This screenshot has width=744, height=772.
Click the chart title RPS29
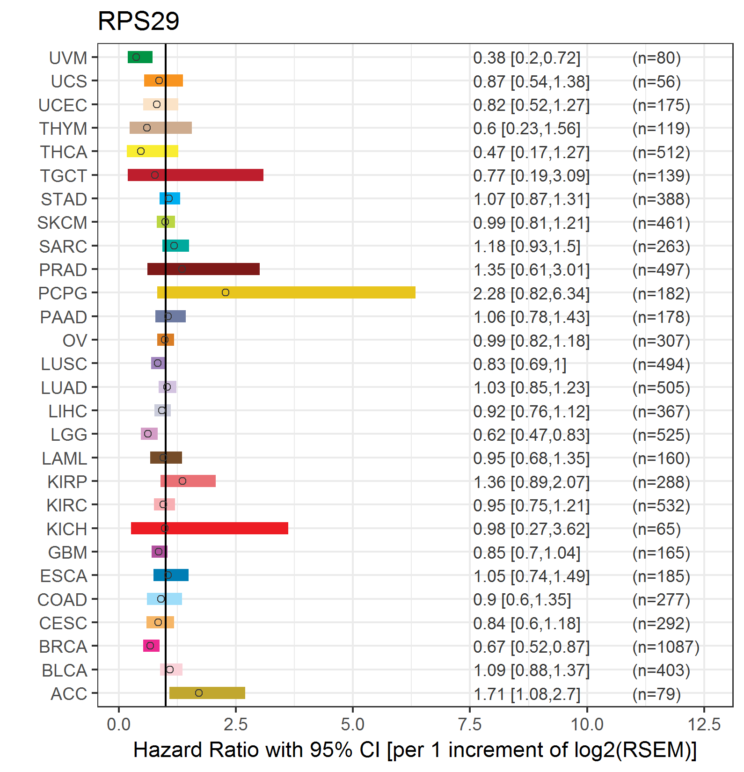coord(139,22)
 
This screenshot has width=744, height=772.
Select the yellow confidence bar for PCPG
coord(286,292)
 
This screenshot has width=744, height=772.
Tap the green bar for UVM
coord(140,57)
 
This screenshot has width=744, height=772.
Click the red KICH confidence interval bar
coord(209,528)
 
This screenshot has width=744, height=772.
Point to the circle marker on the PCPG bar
coord(226,292)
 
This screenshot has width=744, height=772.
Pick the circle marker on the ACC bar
coord(199,693)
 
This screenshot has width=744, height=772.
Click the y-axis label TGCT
coord(64,176)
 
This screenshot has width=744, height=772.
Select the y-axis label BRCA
coord(63,647)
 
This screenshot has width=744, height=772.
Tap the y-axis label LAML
coord(65,459)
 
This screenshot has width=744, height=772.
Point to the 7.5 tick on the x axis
coord(470,724)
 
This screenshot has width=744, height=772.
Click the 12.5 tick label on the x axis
coord(704,724)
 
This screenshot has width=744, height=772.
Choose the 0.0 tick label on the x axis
coord(119,724)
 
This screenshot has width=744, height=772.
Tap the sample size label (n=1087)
coord(666,647)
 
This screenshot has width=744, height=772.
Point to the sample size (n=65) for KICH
coord(656,529)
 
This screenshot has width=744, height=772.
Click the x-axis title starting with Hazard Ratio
coord(415,750)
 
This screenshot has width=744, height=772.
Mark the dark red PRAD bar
coord(203,269)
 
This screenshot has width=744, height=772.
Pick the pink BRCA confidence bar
coord(151,646)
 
